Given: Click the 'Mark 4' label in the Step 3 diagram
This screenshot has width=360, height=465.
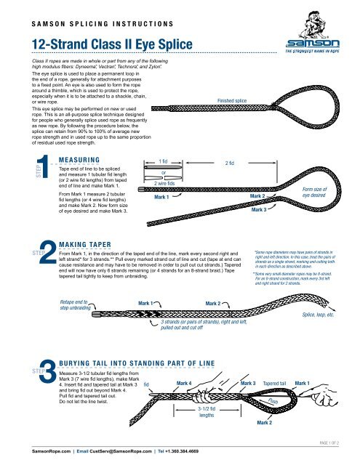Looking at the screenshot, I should [184, 382].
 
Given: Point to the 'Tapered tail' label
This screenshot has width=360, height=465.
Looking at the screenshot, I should [278, 383].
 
